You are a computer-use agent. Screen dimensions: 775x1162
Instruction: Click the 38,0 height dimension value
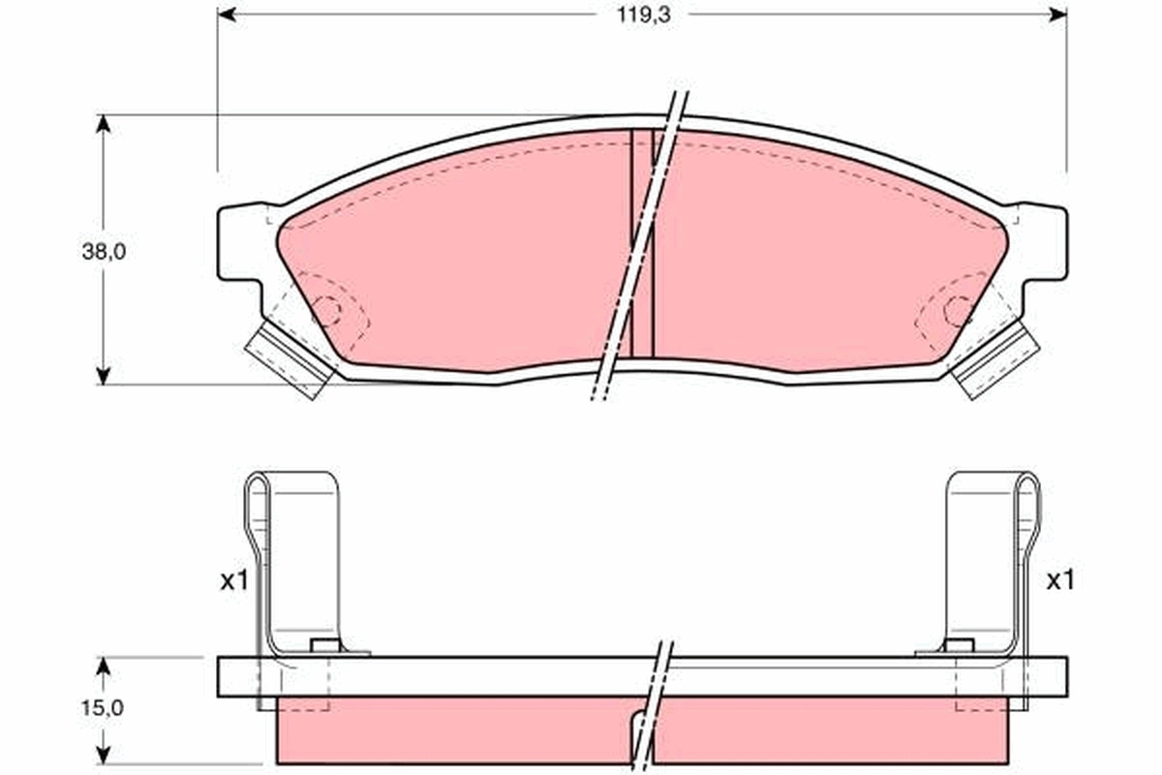[104, 251]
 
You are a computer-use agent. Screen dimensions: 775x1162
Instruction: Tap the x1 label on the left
[234, 581]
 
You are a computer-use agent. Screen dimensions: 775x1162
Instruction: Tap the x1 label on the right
[1060, 580]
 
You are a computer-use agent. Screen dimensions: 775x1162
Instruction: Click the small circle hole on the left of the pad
[328, 311]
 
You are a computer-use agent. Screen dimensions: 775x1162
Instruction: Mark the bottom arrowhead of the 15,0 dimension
[104, 755]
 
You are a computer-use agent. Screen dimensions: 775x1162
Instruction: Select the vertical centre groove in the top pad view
[642, 242]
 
